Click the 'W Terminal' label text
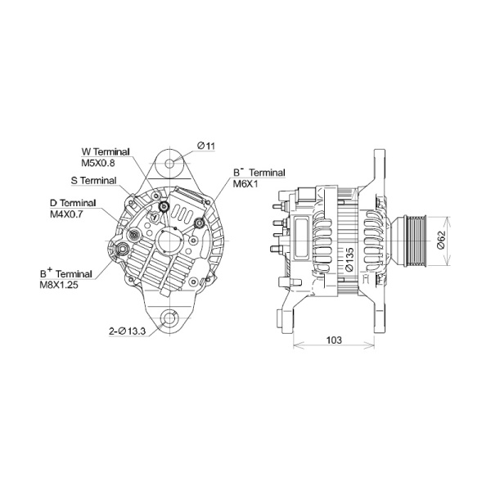pyautogui.click(x=107, y=152)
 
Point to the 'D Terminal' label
pyautogui.click(x=73, y=203)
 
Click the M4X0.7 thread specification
pyautogui.click(x=67, y=214)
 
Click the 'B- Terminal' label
pyautogui.click(x=259, y=173)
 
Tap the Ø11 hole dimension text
pyautogui.click(x=205, y=146)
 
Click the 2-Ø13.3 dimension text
pyautogui.click(x=128, y=331)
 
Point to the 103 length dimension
pyautogui.click(x=333, y=338)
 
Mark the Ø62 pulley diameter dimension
pyautogui.click(x=439, y=240)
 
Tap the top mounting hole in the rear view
pyautogui.click(x=169, y=163)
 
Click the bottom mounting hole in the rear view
pyautogui.click(x=169, y=319)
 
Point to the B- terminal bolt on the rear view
pyautogui.click(x=199, y=221)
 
